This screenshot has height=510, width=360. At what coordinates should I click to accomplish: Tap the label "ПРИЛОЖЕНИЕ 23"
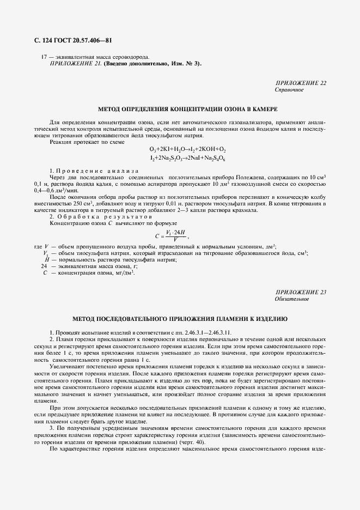301,293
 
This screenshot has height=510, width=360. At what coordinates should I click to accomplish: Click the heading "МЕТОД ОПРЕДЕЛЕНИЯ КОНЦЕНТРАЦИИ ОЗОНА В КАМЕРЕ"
180,109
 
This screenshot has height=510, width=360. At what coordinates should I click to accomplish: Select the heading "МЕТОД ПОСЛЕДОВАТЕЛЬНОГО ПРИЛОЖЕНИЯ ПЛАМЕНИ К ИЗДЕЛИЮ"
180,318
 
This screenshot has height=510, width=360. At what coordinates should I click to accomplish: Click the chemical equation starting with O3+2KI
187,149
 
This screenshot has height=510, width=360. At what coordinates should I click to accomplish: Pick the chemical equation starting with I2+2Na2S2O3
187,157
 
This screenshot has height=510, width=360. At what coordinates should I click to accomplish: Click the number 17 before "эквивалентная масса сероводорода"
44,57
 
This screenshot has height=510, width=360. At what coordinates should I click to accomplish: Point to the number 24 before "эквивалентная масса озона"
45,266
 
